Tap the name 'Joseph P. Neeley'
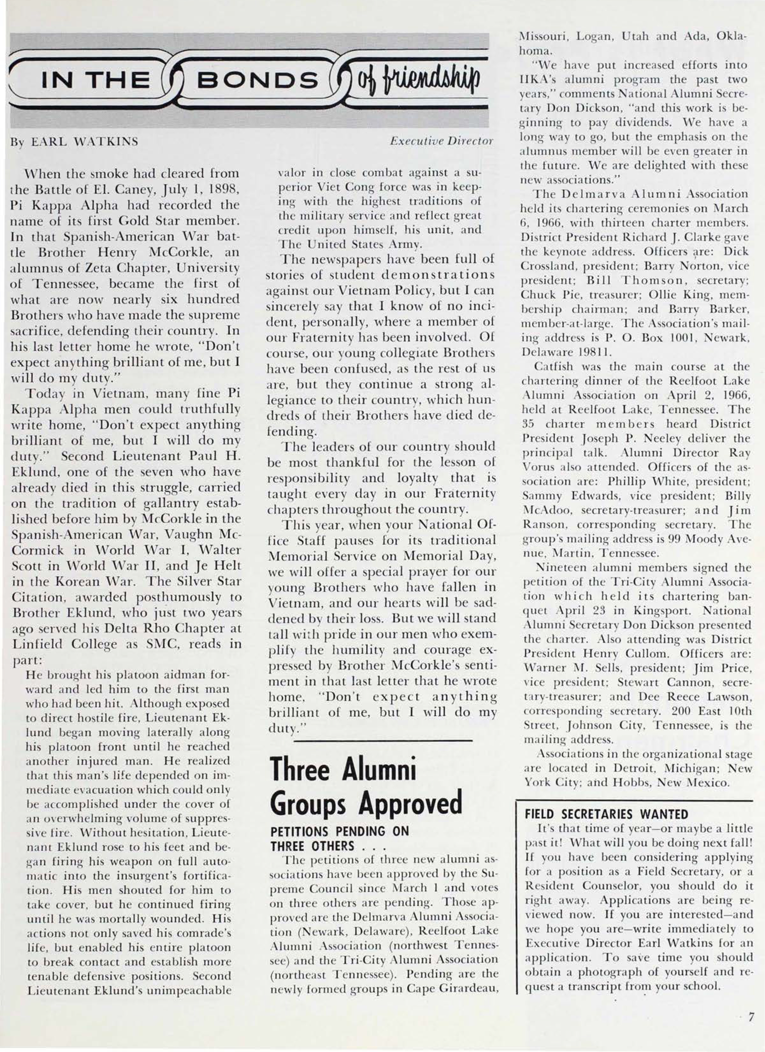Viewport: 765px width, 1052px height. point(586,438)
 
